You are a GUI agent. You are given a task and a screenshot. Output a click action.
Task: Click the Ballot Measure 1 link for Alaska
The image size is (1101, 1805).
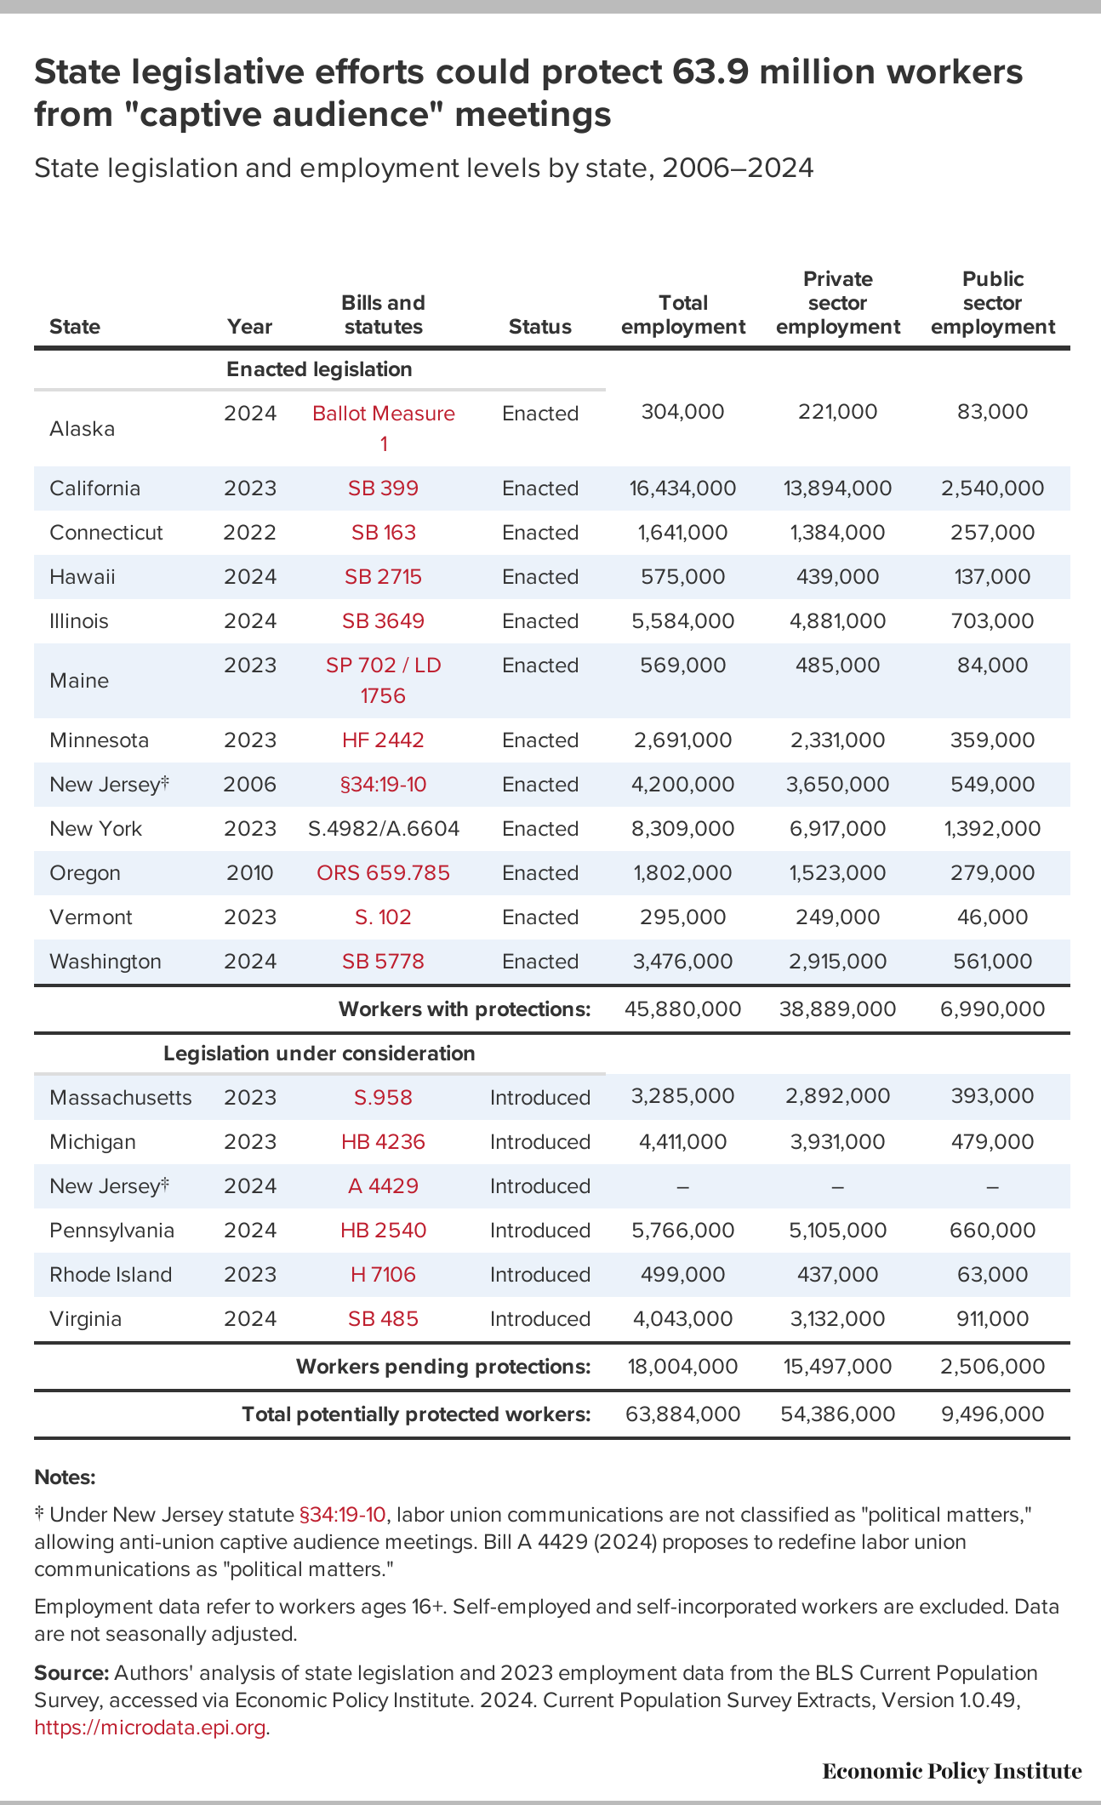(x=383, y=428)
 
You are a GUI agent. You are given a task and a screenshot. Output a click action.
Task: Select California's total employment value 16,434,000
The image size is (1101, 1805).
(x=683, y=488)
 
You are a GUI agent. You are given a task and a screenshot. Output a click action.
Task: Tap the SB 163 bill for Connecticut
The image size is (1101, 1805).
(x=384, y=533)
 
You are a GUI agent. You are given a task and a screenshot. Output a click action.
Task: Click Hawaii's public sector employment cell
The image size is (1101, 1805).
(x=992, y=577)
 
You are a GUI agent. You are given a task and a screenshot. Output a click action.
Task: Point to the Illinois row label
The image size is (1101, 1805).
(x=79, y=621)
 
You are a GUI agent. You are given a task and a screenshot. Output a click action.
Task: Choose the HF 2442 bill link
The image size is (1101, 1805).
(x=383, y=740)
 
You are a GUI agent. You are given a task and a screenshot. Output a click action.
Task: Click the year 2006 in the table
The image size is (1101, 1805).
(x=250, y=785)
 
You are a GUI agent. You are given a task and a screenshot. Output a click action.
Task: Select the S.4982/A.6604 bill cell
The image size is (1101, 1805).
(x=384, y=829)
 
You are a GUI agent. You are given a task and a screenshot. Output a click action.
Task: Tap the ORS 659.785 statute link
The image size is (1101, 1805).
(x=383, y=873)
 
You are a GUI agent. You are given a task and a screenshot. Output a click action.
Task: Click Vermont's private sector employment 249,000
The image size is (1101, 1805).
(x=837, y=917)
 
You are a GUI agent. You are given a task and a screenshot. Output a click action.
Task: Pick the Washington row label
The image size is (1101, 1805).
(x=106, y=962)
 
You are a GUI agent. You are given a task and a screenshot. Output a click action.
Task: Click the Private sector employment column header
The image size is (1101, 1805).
(x=838, y=303)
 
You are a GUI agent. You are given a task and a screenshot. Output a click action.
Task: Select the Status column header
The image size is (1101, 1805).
(x=540, y=327)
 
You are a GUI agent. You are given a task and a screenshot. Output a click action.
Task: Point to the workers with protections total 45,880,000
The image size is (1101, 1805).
(x=683, y=1009)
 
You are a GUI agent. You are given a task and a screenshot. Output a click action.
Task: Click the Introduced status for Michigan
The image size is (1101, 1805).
(x=540, y=1142)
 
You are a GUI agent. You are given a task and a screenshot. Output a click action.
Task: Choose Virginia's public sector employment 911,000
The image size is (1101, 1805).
(x=993, y=1319)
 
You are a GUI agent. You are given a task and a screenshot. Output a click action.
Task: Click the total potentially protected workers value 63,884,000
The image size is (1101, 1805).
(x=683, y=1414)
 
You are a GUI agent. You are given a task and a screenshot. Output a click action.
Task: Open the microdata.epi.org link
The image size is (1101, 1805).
(x=150, y=1728)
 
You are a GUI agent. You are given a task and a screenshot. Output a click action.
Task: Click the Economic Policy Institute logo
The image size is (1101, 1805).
(x=952, y=1772)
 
